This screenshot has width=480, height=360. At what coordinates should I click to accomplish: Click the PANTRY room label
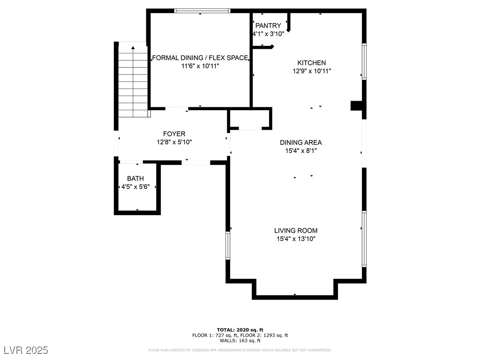click(268, 26)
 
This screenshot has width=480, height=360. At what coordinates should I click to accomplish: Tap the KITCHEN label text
click(312, 63)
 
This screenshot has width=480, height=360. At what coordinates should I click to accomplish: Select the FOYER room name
click(174, 134)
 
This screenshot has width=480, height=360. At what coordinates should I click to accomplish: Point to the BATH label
click(135, 179)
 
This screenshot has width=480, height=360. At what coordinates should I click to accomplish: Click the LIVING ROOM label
click(296, 231)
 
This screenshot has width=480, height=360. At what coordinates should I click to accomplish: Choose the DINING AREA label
click(301, 142)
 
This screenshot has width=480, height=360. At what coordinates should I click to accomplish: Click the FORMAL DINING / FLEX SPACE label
click(200, 58)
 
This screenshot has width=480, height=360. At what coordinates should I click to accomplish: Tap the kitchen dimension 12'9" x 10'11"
click(312, 71)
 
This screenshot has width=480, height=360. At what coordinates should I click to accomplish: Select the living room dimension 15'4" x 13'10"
click(296, 239)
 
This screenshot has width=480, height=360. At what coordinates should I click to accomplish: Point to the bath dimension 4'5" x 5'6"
click(135, 187)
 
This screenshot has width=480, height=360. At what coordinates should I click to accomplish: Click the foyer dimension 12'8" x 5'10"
click(174, 142)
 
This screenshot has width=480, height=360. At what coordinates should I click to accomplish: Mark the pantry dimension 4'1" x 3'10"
click(269, 34)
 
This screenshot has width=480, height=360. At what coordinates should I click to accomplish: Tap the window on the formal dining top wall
click(202, 11)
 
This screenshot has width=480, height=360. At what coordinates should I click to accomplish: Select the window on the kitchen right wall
click(364, 61)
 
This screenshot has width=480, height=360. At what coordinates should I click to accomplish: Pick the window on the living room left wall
click(228, 246)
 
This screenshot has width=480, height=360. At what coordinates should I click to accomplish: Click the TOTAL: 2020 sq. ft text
click(240, 330)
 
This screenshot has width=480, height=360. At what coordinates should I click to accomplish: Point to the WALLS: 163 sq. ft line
click(240, 340)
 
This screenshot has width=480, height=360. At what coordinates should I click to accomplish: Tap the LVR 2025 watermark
click(26, 350)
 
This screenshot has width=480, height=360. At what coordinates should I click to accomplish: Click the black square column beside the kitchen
click(356, 105)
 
